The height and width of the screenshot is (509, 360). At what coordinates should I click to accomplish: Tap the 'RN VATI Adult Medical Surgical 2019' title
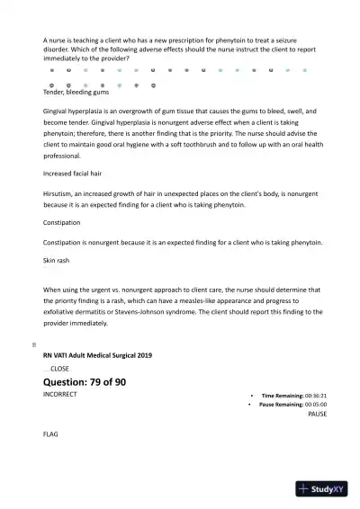(97, 355)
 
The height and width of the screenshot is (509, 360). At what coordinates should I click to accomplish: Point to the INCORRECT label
(60, 395)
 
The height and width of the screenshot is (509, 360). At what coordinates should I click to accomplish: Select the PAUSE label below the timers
(317, 415)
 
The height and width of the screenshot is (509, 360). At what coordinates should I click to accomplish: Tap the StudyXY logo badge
(321, 489)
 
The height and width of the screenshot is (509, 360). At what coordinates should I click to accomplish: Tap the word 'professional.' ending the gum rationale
(61, 155)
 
